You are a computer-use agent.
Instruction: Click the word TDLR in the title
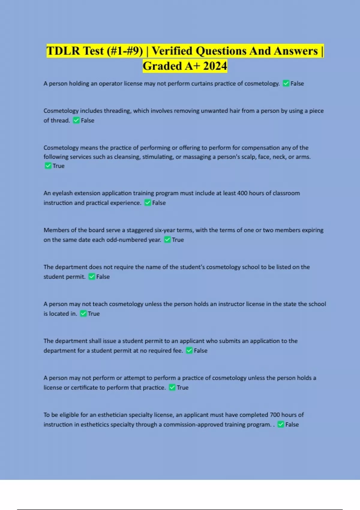coord(64,51)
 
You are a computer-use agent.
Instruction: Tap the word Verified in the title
coord(172,51)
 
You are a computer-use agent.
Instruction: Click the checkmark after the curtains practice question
coord(286,83)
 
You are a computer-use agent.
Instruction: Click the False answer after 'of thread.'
coord(88,120)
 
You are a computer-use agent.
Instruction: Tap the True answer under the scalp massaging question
coord(58,166)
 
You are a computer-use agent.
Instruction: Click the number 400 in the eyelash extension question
coord(242,193)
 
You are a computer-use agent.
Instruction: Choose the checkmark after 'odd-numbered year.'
coord(167,240)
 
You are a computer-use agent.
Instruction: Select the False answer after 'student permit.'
coord(103,277)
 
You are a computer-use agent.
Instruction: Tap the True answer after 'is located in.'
coord(94,313)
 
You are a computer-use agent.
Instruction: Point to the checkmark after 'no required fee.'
coord(189,350)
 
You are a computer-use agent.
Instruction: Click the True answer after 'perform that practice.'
coord(182,387)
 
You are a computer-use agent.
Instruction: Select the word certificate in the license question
coord(87,387)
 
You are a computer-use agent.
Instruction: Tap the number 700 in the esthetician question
coord(275,415)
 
